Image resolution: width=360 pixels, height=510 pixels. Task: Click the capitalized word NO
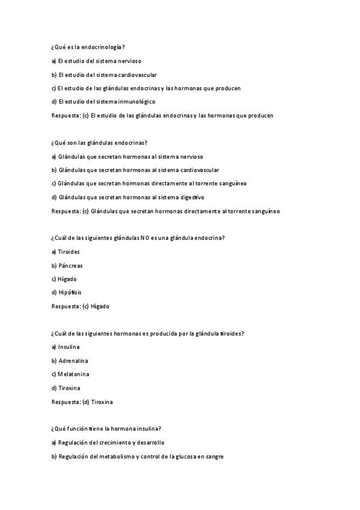pos(144,238)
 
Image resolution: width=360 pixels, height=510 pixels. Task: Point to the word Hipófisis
pos(70,292)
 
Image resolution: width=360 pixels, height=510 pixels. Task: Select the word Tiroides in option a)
pos(69,252)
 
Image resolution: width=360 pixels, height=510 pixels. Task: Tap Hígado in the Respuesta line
pos(100,306)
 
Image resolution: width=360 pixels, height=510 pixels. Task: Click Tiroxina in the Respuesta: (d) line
pos(102,402)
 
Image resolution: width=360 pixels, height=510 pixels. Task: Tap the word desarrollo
pos(150,443)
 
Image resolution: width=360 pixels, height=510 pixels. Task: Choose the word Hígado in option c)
pos(68,279)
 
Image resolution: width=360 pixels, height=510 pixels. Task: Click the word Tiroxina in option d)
pos(70,388)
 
